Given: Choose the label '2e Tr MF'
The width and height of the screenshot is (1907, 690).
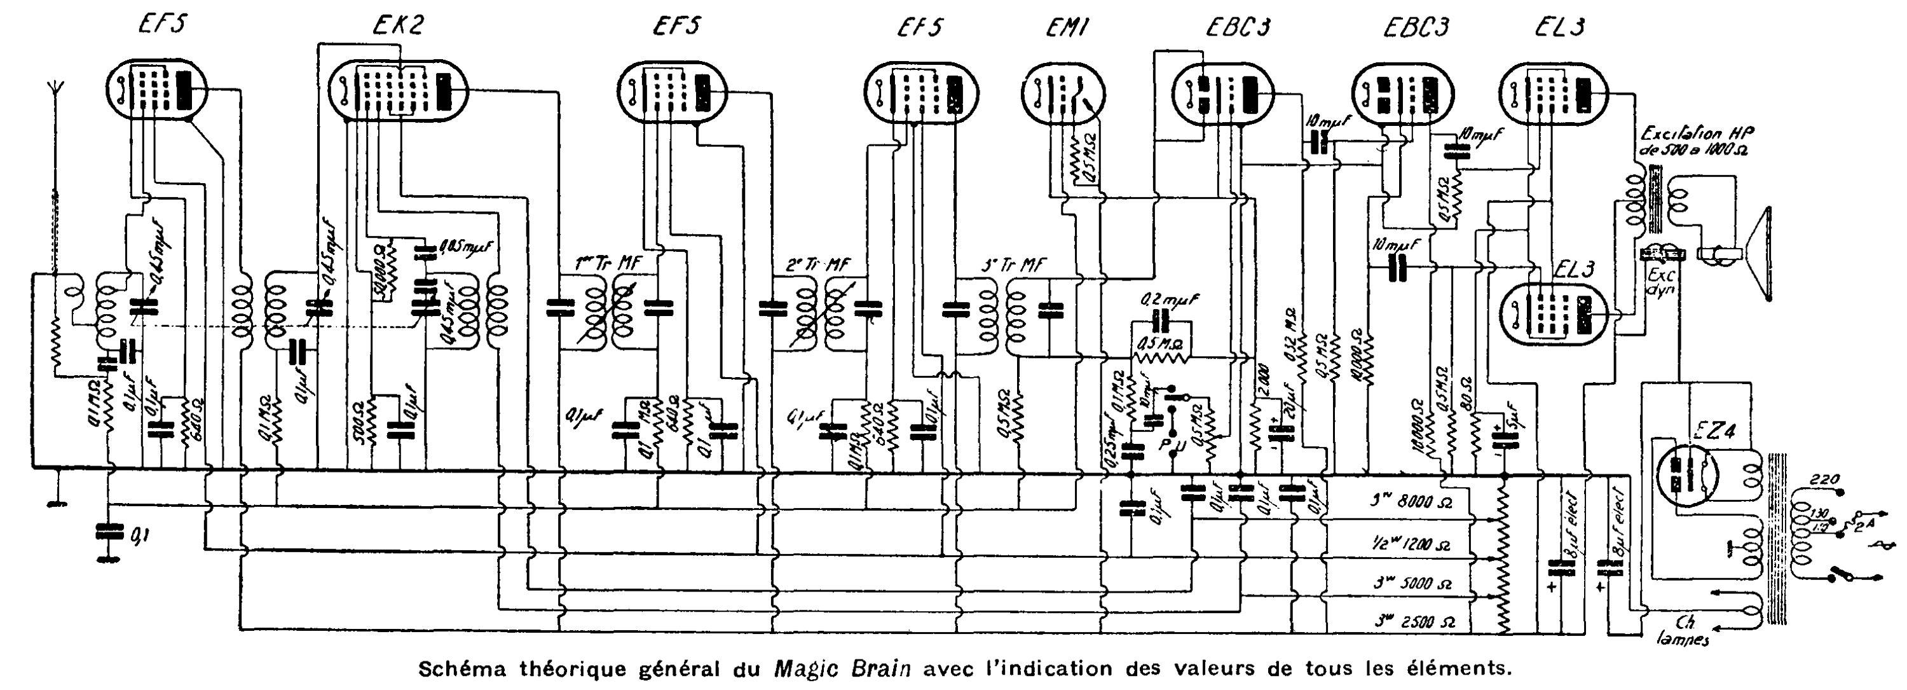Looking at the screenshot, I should (x=817, y=265).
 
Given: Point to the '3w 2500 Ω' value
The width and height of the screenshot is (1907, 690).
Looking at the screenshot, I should (x=1414, y=623).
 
